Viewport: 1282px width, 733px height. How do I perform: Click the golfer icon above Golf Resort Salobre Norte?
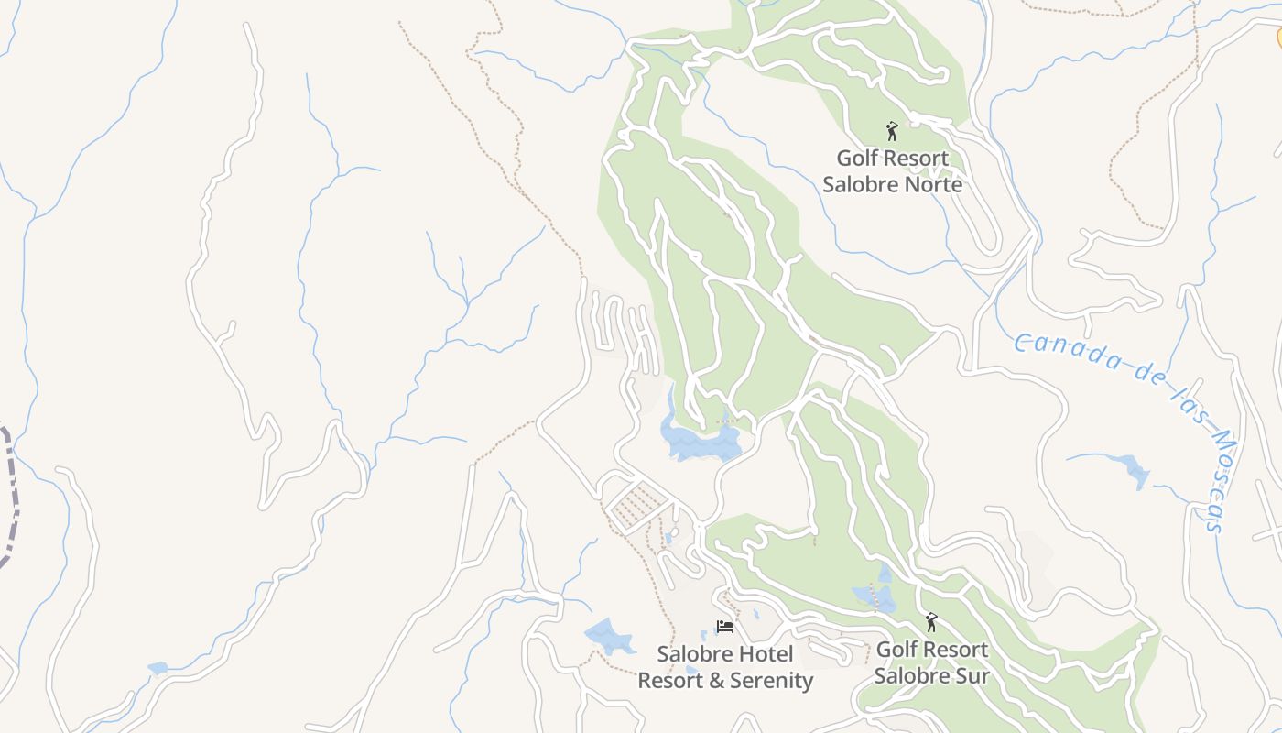pos(892,132)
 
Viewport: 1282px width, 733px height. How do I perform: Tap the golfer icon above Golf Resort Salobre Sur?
pos(931,623)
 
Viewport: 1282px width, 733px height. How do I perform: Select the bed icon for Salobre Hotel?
pos(725,628)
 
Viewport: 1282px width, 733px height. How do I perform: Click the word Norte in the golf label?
pos(930,184)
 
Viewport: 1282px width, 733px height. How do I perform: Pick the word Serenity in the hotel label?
pos(769,681)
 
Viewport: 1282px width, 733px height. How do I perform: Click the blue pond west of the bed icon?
pos(609,635)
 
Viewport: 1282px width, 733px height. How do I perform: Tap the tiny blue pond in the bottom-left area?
pos(158,668)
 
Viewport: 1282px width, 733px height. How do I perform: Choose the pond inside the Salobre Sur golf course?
pos(874,596)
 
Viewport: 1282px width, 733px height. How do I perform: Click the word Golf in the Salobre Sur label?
pos(895,650)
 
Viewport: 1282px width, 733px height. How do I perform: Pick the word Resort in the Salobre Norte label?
pos(893,159)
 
